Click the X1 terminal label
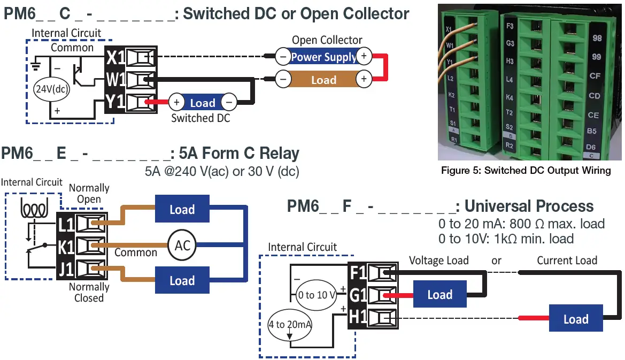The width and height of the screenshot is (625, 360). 115,57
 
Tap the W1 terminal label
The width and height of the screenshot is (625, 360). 115,80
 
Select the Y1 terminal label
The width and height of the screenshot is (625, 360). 115,102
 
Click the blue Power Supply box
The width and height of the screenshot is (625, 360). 323,56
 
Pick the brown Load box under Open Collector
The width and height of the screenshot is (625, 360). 323,80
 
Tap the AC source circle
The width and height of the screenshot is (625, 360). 182,246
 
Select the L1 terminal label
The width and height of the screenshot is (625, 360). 66,224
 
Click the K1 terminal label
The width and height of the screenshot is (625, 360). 66,247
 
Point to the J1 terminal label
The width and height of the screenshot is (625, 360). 66,269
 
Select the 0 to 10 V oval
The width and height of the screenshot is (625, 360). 317,295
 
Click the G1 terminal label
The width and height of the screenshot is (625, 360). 358,295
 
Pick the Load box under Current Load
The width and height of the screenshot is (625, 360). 575,319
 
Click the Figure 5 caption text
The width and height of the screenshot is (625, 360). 526,171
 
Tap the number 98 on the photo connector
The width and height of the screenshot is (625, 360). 597,39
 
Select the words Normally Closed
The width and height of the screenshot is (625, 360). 89,293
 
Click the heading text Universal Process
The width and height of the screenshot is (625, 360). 529,206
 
